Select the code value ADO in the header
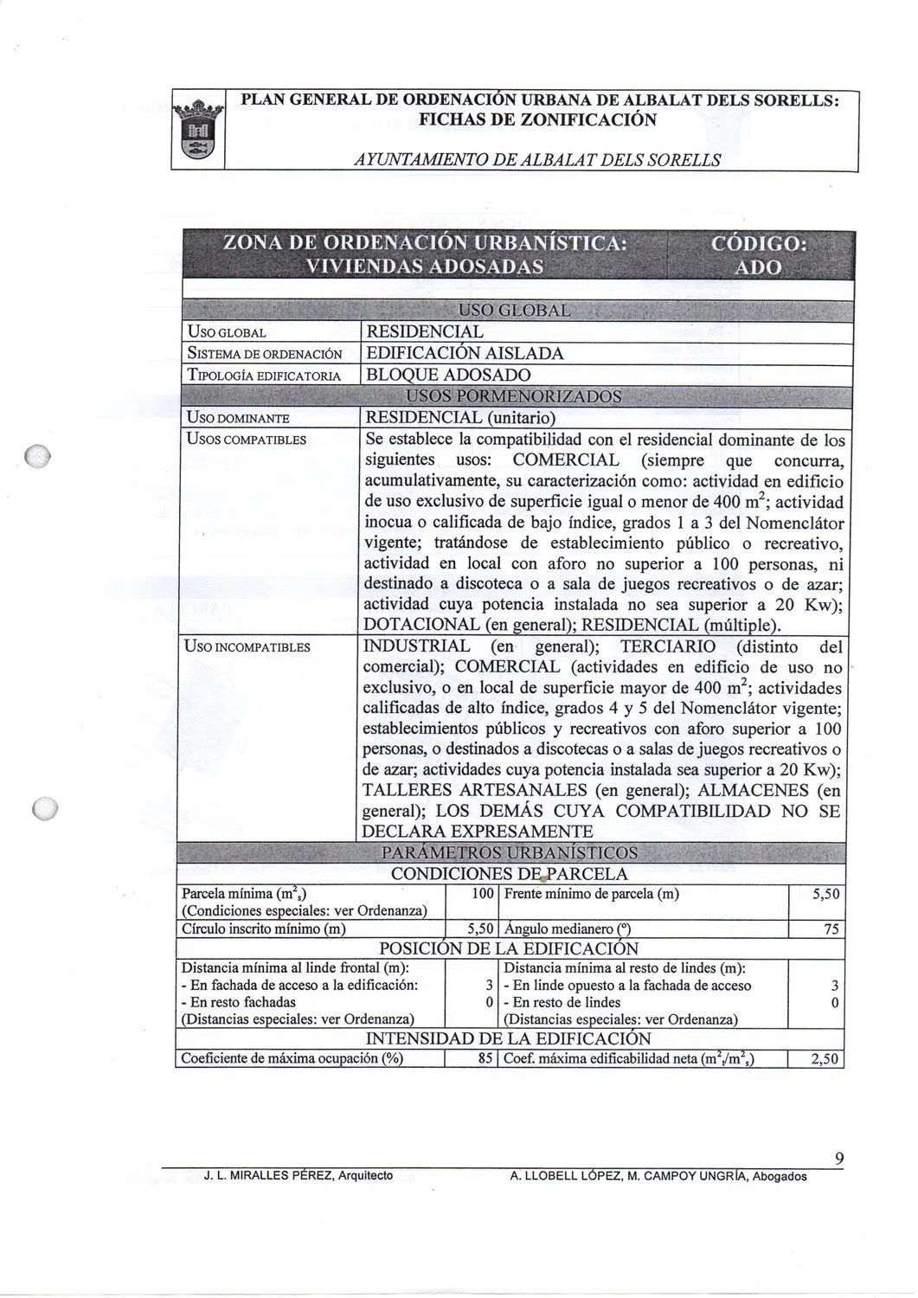click(x=757, y=267)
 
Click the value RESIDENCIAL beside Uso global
click(x=425, y=332)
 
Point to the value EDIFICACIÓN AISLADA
click(x=465, y=354)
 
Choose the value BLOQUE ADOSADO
click(x=448, y=376)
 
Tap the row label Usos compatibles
click(x=247, y=440)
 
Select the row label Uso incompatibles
click(x=248, y=647)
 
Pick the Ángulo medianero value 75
click(x=831, y=929)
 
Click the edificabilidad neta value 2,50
click(x=825, y=1058)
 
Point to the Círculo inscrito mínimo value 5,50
click(x=479, y=929)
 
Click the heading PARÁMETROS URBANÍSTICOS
click(x=509, y=853)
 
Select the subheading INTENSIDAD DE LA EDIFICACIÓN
click(x=509, y=1038)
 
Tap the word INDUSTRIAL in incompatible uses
click(x=416, y=647)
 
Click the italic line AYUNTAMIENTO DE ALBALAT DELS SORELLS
click(x=536, y=160)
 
